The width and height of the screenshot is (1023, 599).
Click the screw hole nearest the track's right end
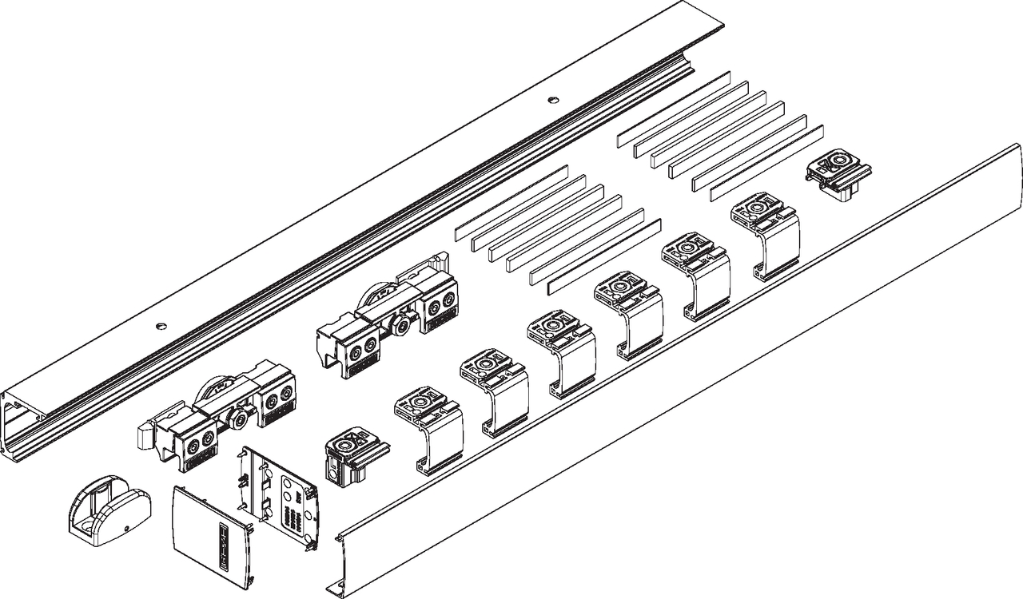[x=551, y=100]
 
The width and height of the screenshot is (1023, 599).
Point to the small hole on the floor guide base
[x=126, y=530]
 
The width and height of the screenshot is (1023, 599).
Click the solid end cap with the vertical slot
[x=212, y=530]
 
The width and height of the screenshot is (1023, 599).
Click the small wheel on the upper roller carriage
[x=400, y=324]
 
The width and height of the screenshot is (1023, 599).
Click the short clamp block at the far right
[x=837, y=175]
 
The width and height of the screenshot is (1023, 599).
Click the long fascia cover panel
[x=679, y=375]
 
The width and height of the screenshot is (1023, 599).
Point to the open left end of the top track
[x=24, y=431]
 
